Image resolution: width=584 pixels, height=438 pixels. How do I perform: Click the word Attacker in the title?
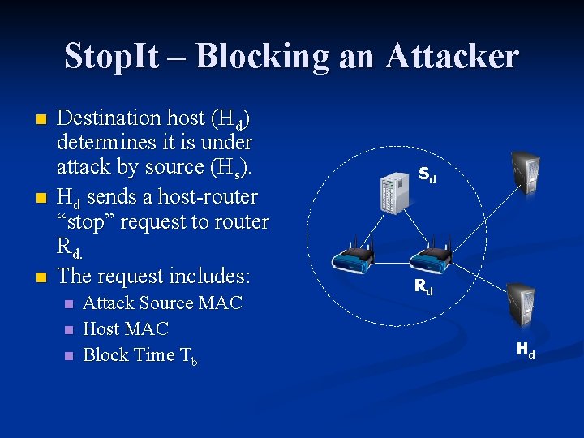pos(452,56)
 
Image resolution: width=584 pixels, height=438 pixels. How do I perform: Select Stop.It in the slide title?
pos(121,56)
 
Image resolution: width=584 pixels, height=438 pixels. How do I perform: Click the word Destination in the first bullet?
pos(109,118)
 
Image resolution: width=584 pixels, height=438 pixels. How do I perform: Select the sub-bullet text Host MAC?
pos(126,328)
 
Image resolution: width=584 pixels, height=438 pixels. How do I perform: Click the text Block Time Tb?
pos(140,355)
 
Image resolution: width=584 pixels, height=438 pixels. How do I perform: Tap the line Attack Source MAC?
pos(162,303)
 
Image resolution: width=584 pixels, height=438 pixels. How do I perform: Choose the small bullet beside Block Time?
pos(69,355)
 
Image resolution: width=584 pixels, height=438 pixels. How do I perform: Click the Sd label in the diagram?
pos(427,174)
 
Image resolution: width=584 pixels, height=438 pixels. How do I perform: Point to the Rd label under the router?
pos(423,286)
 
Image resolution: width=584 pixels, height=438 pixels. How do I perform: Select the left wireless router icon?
pos(354,257)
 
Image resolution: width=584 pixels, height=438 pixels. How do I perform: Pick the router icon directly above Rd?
pos(430,256)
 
